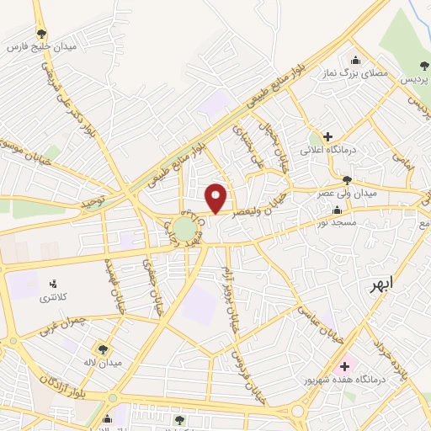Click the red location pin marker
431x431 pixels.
point(216,197)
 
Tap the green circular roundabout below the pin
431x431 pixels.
point(185,230)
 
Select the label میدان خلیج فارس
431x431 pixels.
point(42,47)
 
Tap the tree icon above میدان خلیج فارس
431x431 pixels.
point(42,34)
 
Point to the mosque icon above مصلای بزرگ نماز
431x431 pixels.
point(354,61)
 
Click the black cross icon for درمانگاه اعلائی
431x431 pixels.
point(327,136)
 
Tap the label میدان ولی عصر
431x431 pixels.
point(344,193)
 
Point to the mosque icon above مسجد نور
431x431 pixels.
point(338,210)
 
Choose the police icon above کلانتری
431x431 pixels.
point(53,285)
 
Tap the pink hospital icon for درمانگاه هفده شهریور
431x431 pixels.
point(343,366)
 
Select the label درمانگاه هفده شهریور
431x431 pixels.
point(344,380)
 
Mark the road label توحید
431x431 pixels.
point(93,205)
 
